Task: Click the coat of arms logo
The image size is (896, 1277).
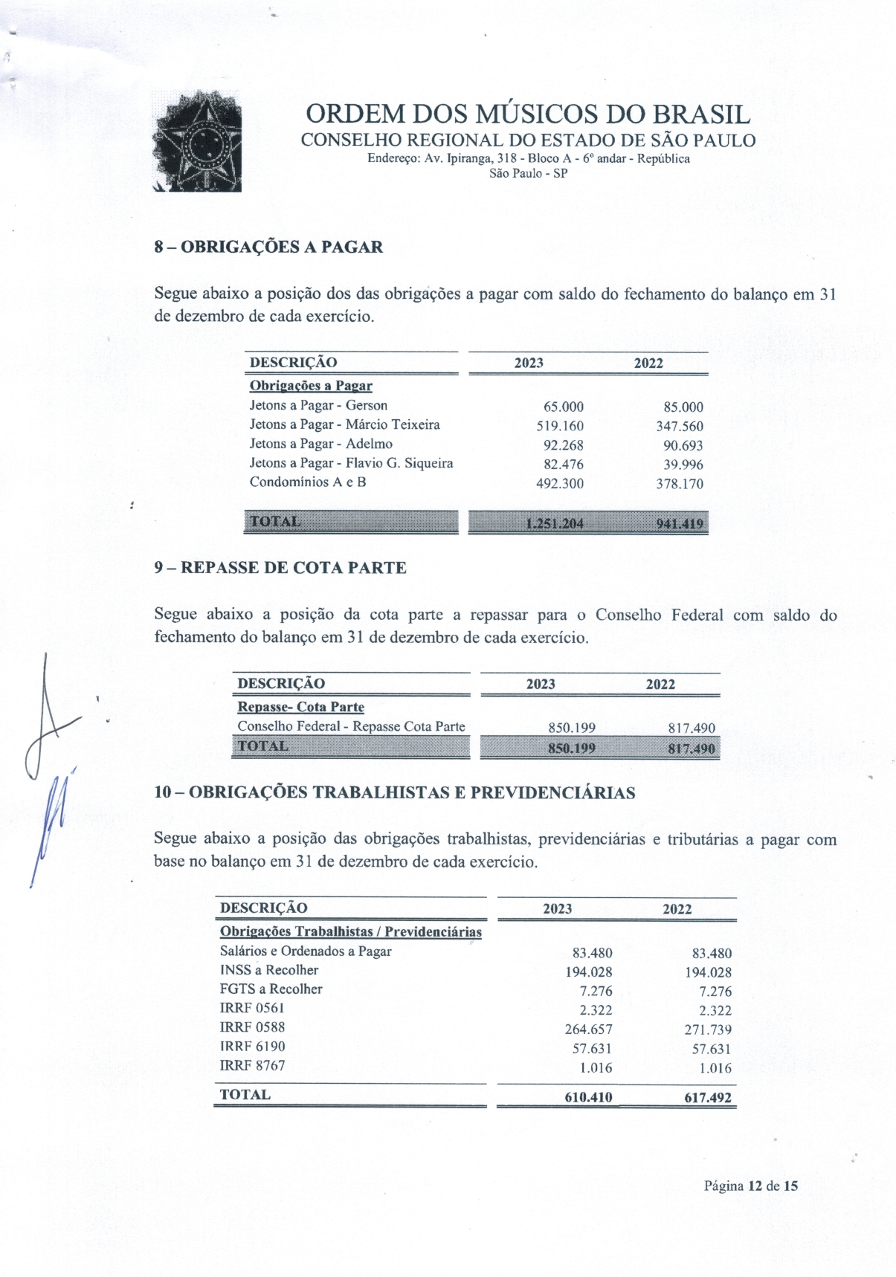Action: click(x=197, y=141)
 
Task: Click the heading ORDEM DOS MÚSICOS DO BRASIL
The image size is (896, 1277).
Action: click(x=528, y=114)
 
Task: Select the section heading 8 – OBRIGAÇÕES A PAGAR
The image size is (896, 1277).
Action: click(x=268, y=248)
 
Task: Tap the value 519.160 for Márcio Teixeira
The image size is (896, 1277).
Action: click(x=560, y=426)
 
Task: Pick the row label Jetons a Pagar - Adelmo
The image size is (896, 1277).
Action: click(x=320, y=444)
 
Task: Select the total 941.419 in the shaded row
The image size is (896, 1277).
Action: click(x=679, y=523)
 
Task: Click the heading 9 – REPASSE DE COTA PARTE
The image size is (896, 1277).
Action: click(x=280, y=568)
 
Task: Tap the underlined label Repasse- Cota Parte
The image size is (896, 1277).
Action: click(x=300, y=707)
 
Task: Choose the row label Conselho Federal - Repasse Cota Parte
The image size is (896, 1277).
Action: click(x=351, y=726)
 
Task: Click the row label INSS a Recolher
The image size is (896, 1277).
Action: click(x=268, y=970)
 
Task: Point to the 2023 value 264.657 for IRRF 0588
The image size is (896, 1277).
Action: click(x=588, y=1029)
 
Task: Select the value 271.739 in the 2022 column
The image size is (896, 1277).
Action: click(x=708, y=1029)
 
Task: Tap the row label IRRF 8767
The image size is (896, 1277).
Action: click(x=252, y=1065)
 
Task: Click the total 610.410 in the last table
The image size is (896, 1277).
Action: click(x=588, y=1097)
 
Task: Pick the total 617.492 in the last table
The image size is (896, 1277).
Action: click(x=708, y=1097)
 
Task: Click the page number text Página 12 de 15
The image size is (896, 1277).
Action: click(x=750, y=1186)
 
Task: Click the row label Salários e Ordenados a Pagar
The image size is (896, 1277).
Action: click(x=305, y=951)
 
